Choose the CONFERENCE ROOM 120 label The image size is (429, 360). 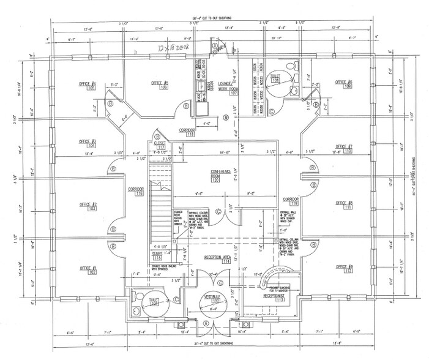pos(215,176)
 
